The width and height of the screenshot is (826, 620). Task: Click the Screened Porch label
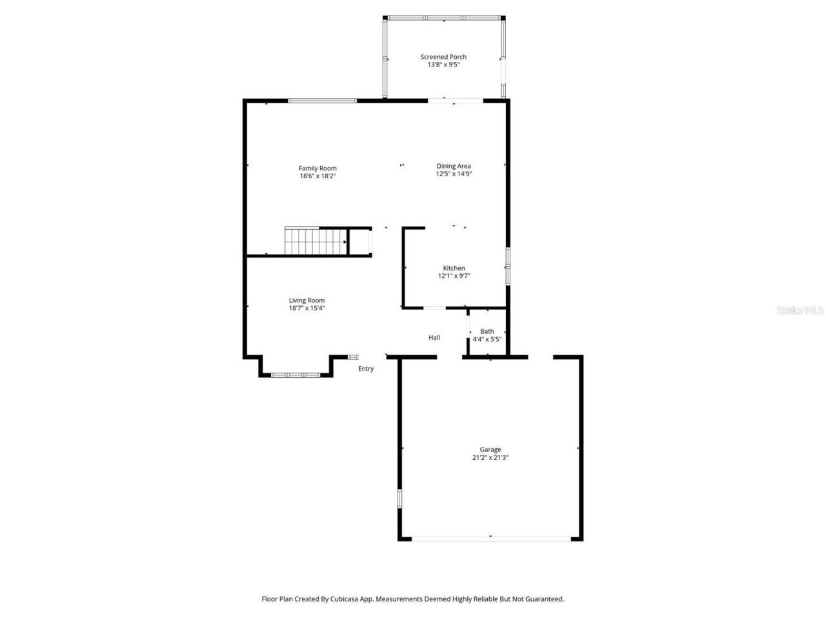tap(443, 57)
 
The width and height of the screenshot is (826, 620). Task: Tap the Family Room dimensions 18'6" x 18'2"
tap(317, 176)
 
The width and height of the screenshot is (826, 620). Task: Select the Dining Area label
tap(454, 166)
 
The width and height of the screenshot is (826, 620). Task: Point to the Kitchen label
tap(454, 268)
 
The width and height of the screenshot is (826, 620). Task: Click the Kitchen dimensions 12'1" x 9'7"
tap(454, 276)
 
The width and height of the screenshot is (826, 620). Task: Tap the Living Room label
tap(307, 300)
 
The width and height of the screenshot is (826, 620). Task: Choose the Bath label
tap(487, 331)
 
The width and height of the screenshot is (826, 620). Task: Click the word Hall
tap(434, 337)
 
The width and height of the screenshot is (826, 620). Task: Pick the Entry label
tap(366, 369)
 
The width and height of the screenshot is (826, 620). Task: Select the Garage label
tap(490, 449)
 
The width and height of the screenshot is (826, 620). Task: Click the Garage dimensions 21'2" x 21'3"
tap(490, 457)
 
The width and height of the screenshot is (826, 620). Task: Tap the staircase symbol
tap(316, 242)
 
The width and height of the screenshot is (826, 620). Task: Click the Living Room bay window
tap(296, 375)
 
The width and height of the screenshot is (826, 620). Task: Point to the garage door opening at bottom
tap(490, 537)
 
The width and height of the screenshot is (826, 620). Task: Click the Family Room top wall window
tap(322, 101)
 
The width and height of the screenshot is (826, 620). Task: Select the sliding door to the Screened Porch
tap(456, 101)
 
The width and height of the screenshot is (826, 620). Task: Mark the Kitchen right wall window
tap(508, 265)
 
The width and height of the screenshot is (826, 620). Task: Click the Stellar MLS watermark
tap(800, 311)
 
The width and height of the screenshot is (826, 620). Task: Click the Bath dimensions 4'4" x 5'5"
tap(487, 339)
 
